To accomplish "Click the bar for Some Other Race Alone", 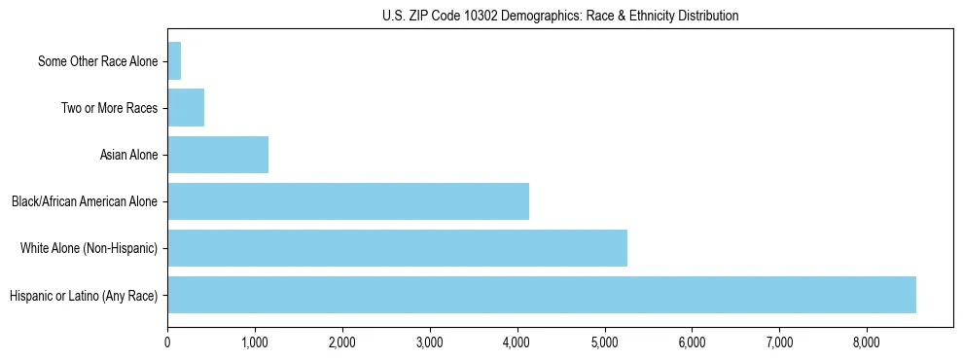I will click(174, 61).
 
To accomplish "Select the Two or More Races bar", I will click(186, 108).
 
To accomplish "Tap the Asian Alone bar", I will click(218, 155).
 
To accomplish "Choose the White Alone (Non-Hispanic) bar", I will click(397, 248).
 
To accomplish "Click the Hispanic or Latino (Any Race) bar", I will click(542, 295).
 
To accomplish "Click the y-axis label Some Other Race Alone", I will click(97, 61).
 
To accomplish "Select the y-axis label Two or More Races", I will click(109, 108).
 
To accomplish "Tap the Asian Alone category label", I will click(128, 155).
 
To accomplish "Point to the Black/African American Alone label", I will click(85, 201).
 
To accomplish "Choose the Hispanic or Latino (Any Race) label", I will click(83, 295).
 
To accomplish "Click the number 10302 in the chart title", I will click(476, 16).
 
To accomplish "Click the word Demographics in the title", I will click(533, 16).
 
